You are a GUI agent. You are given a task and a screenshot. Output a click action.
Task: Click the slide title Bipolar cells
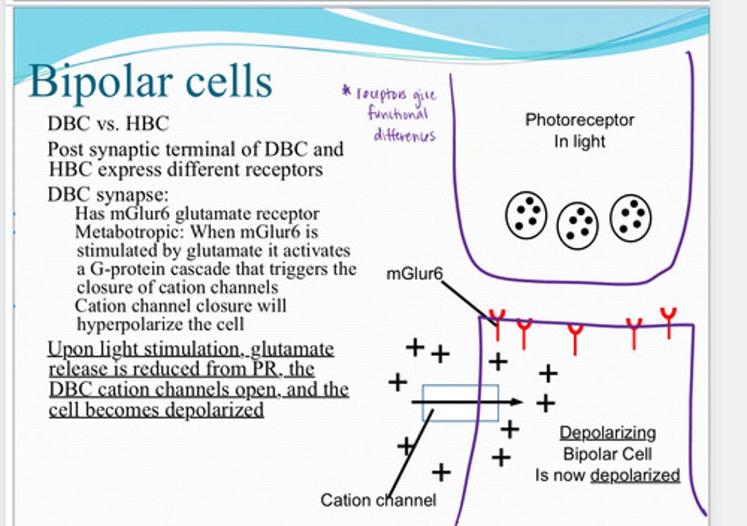(x=150, y=82)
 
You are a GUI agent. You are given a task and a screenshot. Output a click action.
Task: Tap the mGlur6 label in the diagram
(x=414, y=274)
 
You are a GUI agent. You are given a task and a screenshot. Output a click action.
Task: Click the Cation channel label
(x=378, y=500)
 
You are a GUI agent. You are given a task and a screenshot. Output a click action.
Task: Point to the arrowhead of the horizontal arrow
(x=517, y=401)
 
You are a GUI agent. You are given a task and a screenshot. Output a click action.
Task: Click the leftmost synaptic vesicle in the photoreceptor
(x=525, y=215)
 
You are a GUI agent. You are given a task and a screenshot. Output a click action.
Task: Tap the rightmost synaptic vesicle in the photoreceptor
(x=631, y=218)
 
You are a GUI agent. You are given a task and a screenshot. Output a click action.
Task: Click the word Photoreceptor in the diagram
(x=579, y=120)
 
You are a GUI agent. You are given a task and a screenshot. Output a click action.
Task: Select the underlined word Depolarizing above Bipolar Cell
(x=607, y=433)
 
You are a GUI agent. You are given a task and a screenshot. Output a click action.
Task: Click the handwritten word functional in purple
(x=398, y=113)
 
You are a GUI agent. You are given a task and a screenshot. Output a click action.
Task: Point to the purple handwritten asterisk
(x=347, y=91)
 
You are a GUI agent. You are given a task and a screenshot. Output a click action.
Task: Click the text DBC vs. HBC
(x=108, y=124)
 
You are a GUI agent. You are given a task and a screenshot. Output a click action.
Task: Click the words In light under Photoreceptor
(x=579, y=141)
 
